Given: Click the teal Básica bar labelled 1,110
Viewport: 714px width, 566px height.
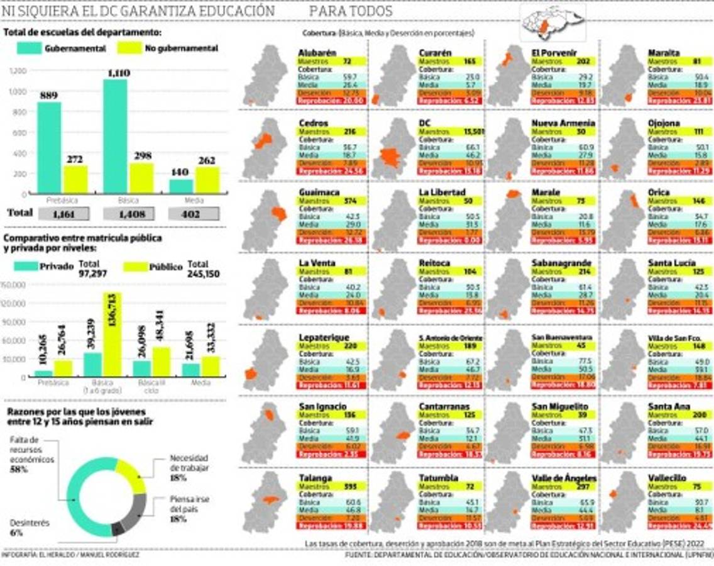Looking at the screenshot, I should pos(116,135).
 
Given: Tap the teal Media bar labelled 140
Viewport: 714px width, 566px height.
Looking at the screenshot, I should pos(181,186).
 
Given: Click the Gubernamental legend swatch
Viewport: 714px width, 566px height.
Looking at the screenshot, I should pos(28,48).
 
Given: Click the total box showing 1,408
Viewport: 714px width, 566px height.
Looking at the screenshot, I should pos(129,214).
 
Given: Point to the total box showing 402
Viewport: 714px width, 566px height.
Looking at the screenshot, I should pos(194,214).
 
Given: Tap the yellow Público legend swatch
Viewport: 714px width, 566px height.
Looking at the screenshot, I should pos(135,267).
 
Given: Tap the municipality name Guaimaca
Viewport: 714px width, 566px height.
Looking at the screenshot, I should pos(319,192).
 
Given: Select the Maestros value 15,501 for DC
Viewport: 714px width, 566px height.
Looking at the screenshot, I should pos(472,131).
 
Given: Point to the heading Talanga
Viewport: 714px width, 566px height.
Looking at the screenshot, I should pos(316,478).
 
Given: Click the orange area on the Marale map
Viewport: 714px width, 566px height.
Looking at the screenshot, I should pos(513,194).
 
